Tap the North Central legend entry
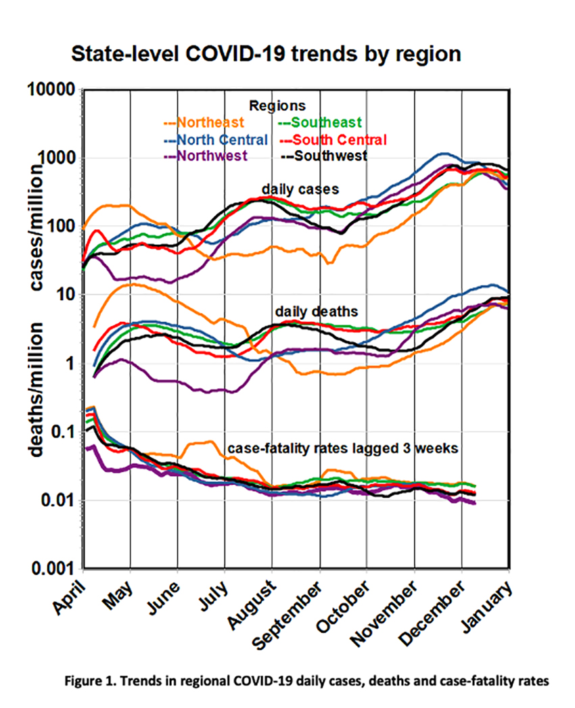coord(216,140)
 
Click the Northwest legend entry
coord(206,156)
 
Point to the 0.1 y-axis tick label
coord(62,433)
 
